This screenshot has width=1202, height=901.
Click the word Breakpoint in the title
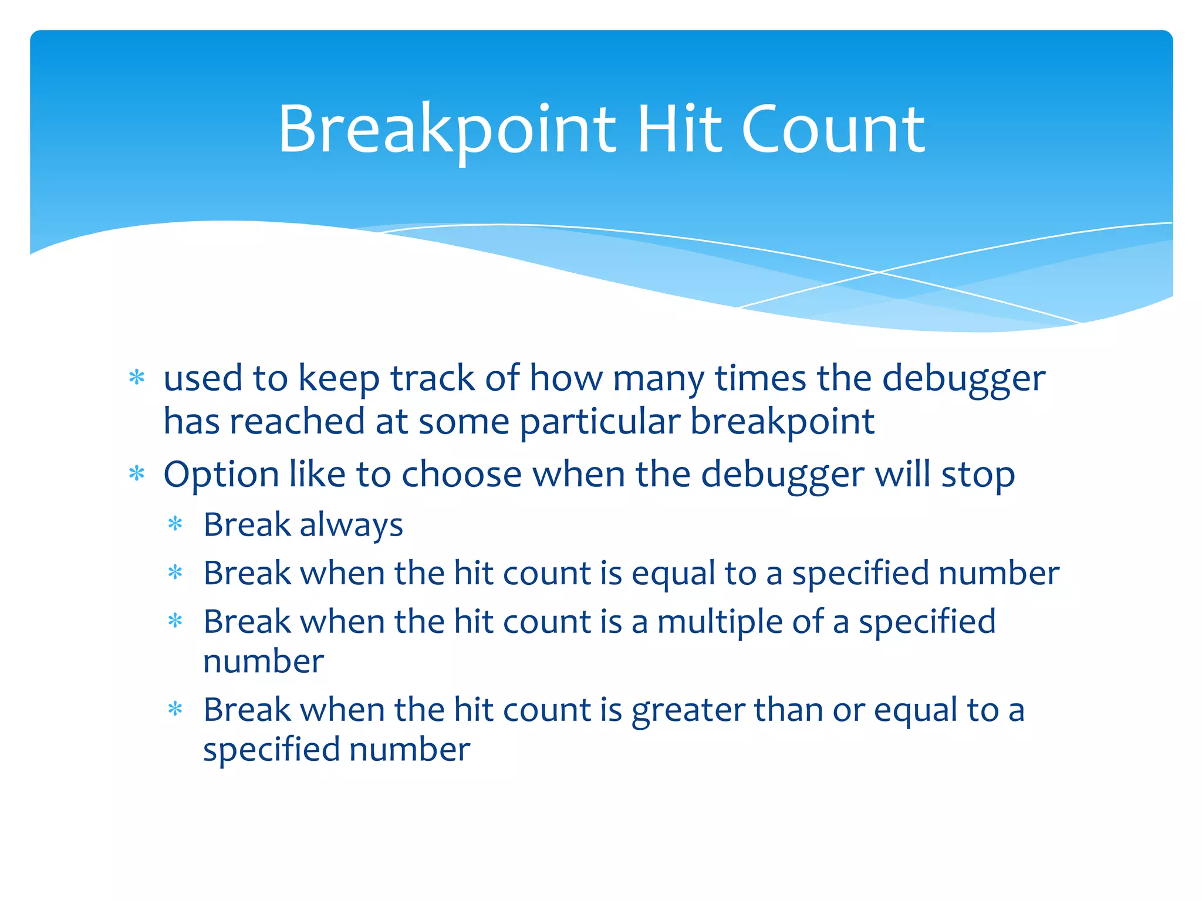click(x=446, y=130)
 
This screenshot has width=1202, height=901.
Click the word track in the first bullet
click(x=432, y=378)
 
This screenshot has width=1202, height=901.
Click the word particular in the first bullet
click(x=600, y=422)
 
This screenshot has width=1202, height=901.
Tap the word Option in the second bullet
click(x=221, y=475)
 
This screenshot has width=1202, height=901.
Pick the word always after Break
click(x=351, y=525)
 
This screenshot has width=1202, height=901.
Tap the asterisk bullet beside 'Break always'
click(x=175, y=523)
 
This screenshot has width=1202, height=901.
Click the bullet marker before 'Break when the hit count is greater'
click(x=175, y=709)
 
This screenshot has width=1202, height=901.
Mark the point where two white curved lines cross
click(x=879, y=272)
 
